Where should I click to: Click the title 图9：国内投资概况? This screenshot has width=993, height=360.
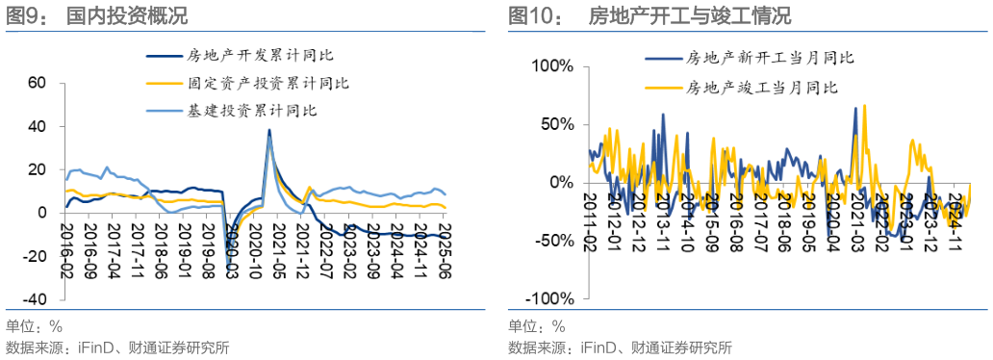pos(96,15)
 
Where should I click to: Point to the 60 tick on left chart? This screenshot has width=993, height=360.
pos(38,83)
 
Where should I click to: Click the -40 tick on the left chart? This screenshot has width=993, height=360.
pos(34,299)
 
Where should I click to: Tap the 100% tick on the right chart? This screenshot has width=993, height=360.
pos(551,66)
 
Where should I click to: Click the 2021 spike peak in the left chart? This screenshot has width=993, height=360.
pos(268,130)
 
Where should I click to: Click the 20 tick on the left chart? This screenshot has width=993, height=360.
pos(38,169)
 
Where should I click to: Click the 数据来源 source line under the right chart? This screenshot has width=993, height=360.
pos(620,347)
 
